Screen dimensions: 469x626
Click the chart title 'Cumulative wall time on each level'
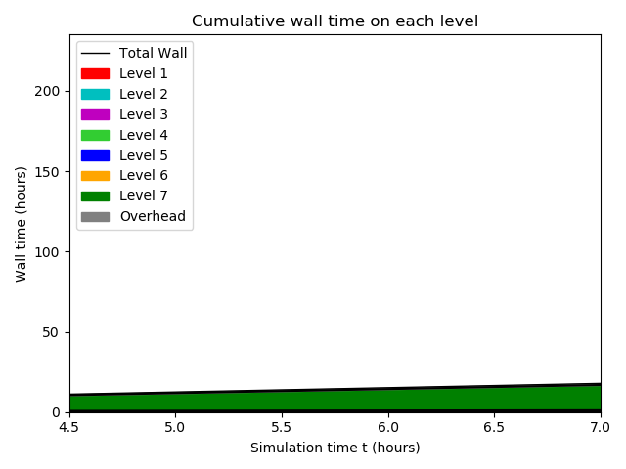pos(335,21)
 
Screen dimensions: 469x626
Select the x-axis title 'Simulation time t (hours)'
pos(335,448)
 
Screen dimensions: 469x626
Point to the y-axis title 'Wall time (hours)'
pos(21,224)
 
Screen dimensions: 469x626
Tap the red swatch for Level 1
pos(95,73)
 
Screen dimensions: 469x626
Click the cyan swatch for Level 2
pos(95,94)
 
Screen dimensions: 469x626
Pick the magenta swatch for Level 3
pos(95,114)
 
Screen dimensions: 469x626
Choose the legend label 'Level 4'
pos(143,135)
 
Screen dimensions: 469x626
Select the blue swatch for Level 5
pos(95,155)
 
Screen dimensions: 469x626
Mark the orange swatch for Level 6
pos(95,176)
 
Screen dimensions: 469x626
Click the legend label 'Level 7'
pos(143,195)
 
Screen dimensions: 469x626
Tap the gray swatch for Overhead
pos(95,216)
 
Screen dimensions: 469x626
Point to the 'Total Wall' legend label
pos(153,53)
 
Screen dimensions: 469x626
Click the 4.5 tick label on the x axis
pos(69,427)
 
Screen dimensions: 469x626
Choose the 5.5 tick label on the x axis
pos(282,427)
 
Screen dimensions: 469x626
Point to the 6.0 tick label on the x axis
pos(388,427)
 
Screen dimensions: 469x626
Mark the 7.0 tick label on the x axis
pos(601,427)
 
